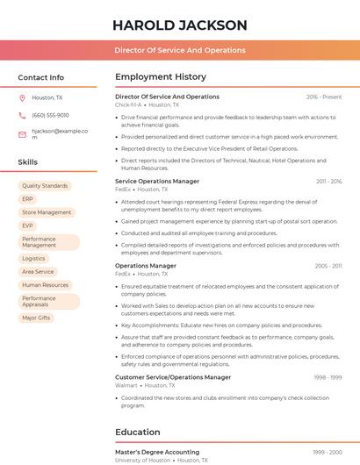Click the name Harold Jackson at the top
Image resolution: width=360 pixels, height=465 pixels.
pos(180,25)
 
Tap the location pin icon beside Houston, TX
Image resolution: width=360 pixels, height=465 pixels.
pos(22,98)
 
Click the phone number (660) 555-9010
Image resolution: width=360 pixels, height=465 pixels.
pos(50,115)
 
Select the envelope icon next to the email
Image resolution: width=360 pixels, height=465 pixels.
pos(22,134)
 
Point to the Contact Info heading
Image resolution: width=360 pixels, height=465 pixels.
pos(40,77)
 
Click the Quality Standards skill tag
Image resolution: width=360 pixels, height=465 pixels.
pos(45,186)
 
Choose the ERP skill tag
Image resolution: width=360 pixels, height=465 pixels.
pos(28,199)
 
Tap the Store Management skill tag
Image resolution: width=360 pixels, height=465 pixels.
pos(47,212)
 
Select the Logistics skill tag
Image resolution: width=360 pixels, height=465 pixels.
pos(33,258)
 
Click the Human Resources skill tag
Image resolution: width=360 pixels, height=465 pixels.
pos(45,284)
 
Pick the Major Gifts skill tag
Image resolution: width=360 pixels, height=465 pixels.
pos(36,318)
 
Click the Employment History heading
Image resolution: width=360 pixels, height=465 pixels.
pos(161,77)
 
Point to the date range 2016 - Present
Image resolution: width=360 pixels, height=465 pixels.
pos(324,97)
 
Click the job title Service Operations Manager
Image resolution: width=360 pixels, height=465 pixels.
pos(157,181)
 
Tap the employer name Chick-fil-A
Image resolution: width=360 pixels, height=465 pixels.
pos(128,104)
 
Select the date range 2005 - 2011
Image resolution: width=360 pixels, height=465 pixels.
pos(328,265)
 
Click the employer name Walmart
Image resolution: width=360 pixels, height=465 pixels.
pos(126,385)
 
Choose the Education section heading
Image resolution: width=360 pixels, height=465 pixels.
pos(138,432)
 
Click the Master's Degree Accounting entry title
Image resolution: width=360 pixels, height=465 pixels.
pos(157,452)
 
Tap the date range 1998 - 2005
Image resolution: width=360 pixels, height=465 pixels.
pos(328,452)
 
